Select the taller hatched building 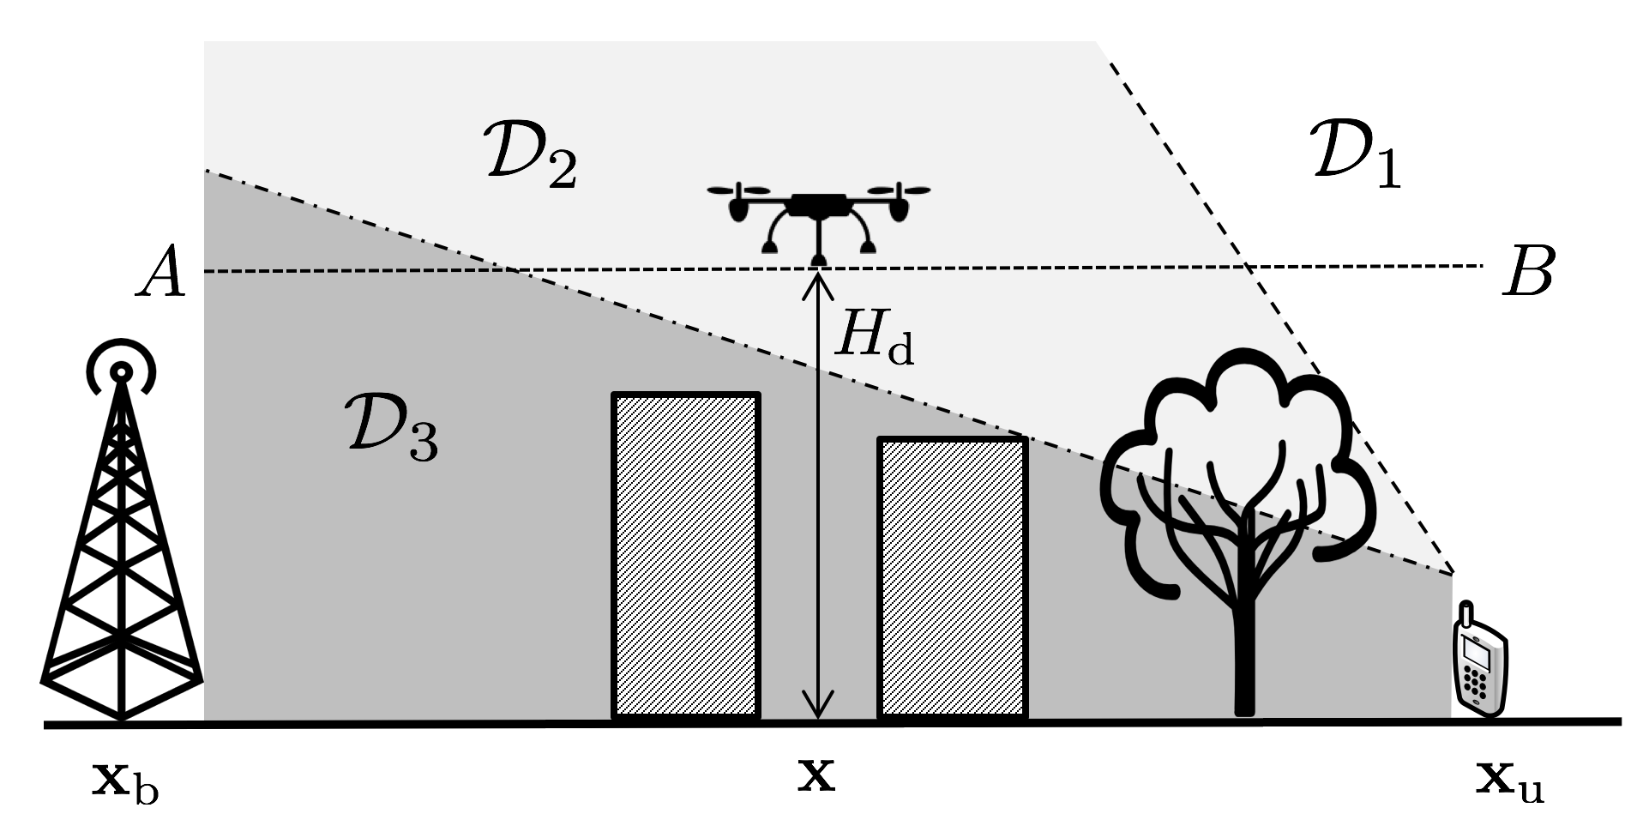tap(685, 556)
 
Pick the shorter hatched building tap(953, 576)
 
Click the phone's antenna tap(1466, 616)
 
